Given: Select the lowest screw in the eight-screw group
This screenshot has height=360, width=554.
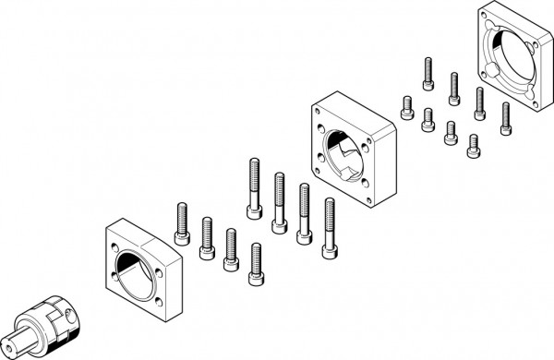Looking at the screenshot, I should (x=473, y=141).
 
